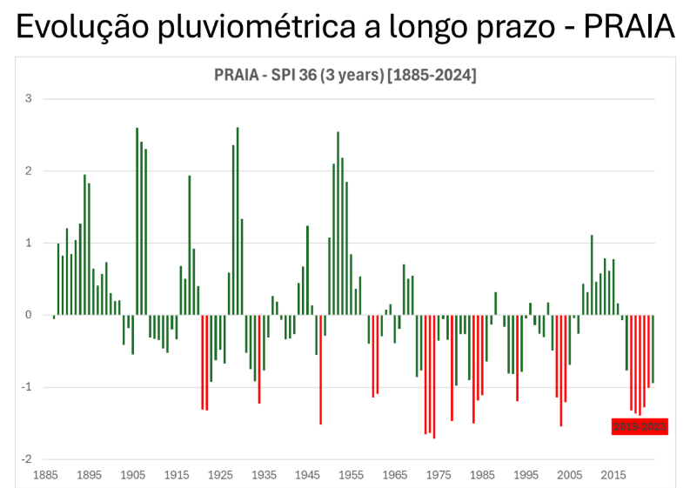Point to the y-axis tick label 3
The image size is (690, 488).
pyautogui.click(x=28, y=99)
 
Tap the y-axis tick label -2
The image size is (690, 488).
pyautogui.click(x=26, y=459)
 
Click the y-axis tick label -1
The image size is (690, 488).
pyautogui.click(x=26, y=387)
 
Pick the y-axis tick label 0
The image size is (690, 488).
pyautogui.click(x=28, y=315)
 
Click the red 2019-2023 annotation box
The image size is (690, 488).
pyautogui.click(x=640, y=425)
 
